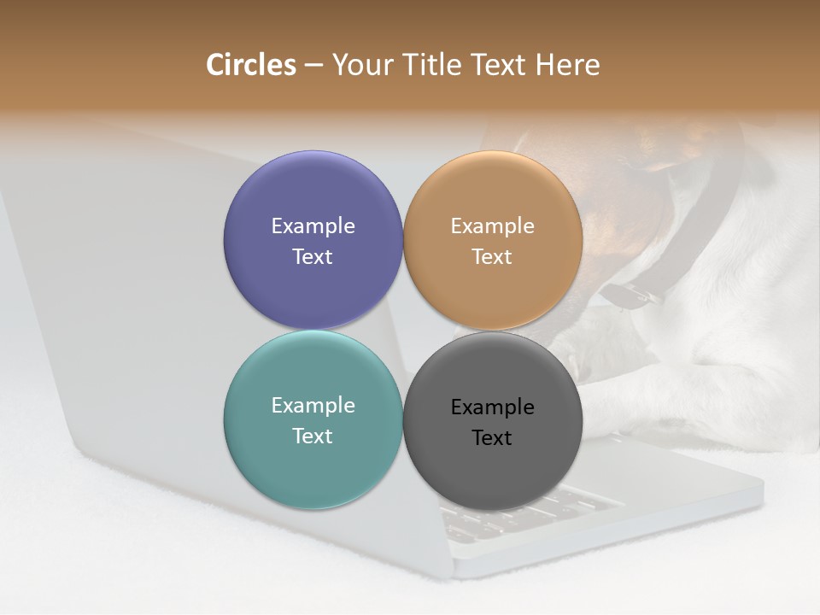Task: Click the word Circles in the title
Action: click(x=250, y=65)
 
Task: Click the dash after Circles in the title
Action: click(x=313, y=66)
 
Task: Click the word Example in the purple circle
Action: click(x=313, y=226)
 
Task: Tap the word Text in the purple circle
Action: click(x=313, y=257)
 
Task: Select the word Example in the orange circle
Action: click(x=492, y=226)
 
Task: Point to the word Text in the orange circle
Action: click(x=492, y=257)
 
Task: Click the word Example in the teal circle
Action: click(x=313, y=406)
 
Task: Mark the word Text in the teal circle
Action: click(x=313, y=436)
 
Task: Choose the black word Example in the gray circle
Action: click(x=492, y=407)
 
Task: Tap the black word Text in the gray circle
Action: click(x=492, y=438)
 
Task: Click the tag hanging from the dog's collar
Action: click(x=630, y=296)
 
